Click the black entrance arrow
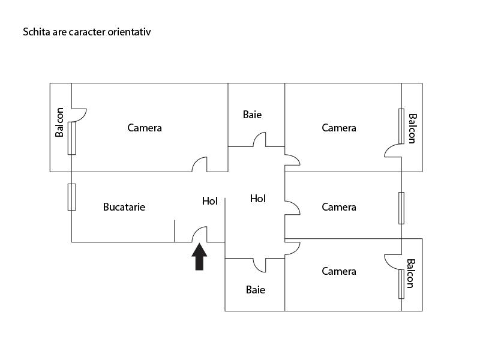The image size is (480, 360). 199,257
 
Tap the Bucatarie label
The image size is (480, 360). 124,207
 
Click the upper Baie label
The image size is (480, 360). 252,114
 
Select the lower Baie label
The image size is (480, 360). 256,290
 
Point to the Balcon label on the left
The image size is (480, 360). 59,122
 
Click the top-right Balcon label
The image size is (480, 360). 412,128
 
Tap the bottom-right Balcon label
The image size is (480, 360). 411,273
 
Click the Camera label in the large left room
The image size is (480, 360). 145,128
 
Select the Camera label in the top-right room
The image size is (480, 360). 339,128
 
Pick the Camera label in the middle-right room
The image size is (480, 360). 339,207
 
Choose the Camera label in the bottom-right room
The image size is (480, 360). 339,271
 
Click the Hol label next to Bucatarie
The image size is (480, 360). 210,201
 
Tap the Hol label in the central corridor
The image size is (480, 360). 258,198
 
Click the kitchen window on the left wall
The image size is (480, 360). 71,197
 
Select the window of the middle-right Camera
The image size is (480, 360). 401,208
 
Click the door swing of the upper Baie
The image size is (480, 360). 259,140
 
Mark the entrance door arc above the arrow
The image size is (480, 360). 200,234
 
